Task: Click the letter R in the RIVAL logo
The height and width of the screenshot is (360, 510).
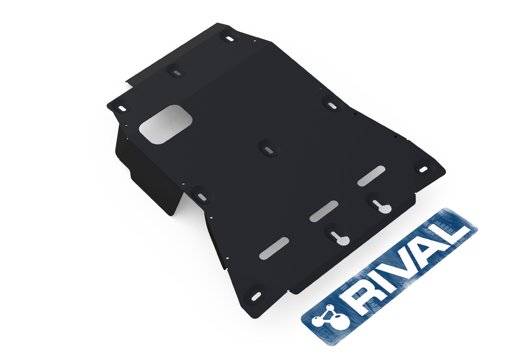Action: pos(356,300)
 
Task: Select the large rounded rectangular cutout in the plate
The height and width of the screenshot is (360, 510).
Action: pos(165,124)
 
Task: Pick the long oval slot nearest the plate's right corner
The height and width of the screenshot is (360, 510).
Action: pos(371,176)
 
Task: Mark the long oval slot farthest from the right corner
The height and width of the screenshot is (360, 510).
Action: pos(274,248)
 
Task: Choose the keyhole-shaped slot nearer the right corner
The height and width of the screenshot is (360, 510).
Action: pos(377,203)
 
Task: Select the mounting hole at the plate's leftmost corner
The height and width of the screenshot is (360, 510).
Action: pos(122,108)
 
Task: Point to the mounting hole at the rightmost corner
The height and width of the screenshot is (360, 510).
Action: pos(423,169)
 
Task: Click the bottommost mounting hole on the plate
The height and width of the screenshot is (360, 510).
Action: pos(256,296)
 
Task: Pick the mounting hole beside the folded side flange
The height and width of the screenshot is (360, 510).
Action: pos(202,196)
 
